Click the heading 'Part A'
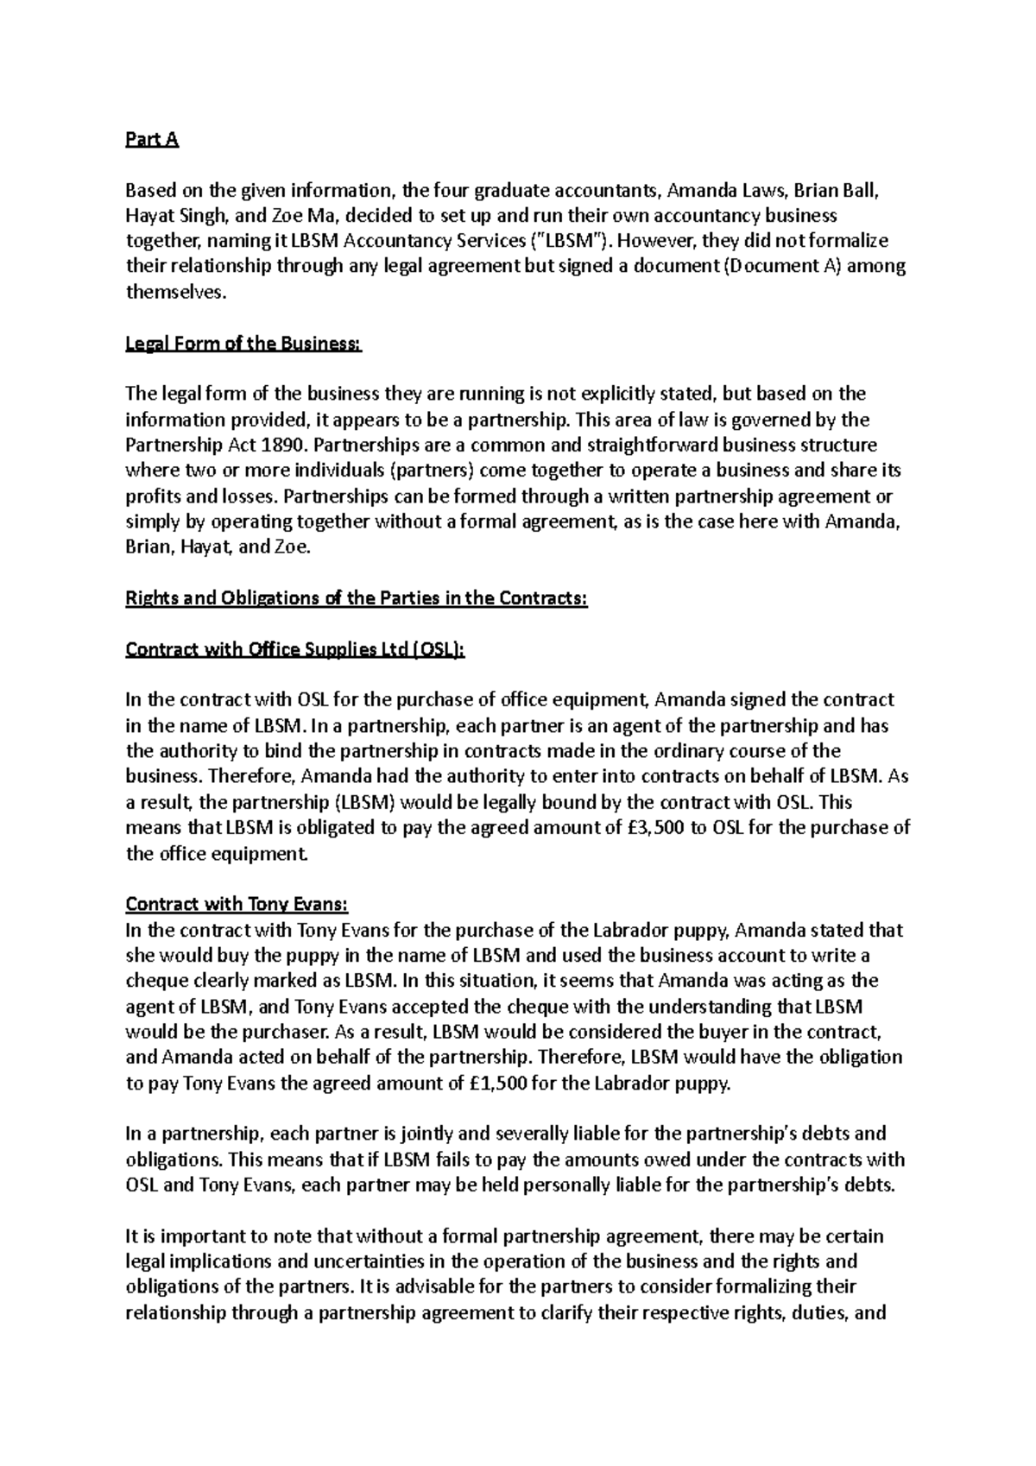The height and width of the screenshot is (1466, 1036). [x=152, y=140]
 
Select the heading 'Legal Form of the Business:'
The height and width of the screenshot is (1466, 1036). [x=244, y=344]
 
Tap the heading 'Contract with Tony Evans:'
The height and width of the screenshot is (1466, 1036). [x=237, y=904]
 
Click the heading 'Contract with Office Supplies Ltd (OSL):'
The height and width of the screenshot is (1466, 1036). [x=295, y=649]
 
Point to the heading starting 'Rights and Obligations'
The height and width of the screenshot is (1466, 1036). [x=357, y=598]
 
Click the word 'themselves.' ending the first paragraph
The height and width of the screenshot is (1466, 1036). [x=176, y=293]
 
